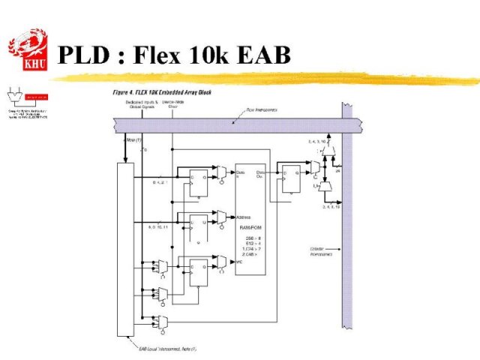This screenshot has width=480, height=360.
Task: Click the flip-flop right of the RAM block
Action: (x=290, y=178)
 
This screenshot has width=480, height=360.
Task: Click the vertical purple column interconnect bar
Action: (x=347, y=225)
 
